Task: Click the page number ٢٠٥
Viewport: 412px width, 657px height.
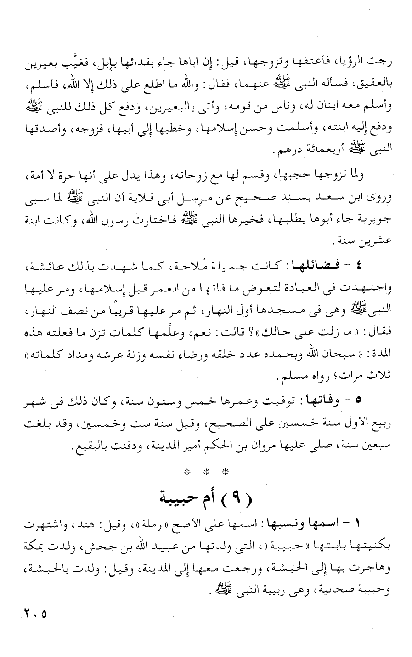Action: (34, 613)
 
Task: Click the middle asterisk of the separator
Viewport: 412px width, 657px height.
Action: (206, 472)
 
